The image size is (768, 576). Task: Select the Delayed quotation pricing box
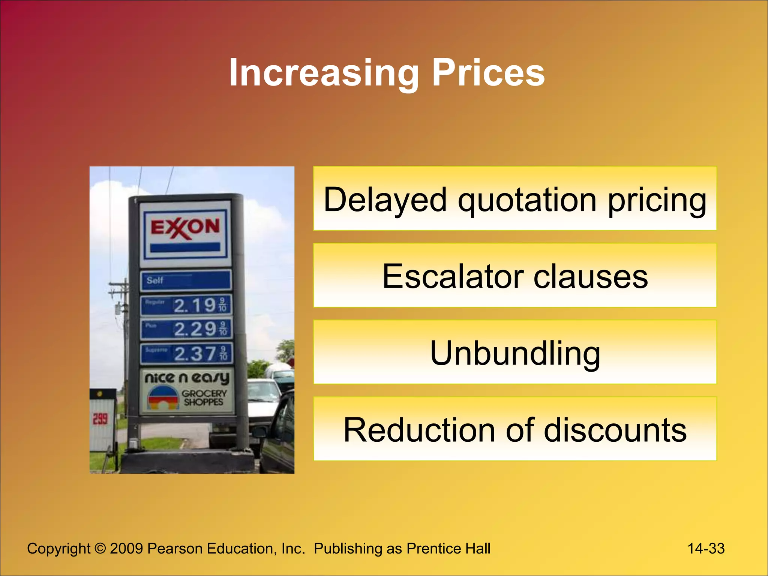pyautogui.click(x=515, y=199)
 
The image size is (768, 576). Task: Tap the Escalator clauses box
pyautogui.click(x=515, y=276)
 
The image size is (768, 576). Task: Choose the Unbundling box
pyautogui.click(x=515, y=352)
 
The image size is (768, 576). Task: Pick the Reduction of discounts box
pyautogui.click(x=515, y=429)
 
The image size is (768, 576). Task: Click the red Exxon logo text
pyautogui.click(x=185, y=228)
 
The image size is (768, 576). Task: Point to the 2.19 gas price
pyautogui.click(x=195, y=305)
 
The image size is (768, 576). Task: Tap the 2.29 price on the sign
pyautogui.click(x=195, y=329)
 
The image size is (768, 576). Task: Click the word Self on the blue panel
pyautogui.click(x=155, y=280)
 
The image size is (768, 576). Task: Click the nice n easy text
pyautogui.click(x=187, y=378)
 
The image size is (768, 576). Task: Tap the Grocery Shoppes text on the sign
pyautogui.click(x=204, y=398)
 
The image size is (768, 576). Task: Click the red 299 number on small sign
pyautogui.click(x=100, y=419)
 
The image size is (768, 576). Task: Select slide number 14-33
pyautogui.click(x=706, y=549)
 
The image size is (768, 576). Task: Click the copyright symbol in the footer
pyautogui.click(x=100, y=549)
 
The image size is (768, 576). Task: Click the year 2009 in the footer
pyautogui.click(x=126, y=549)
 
